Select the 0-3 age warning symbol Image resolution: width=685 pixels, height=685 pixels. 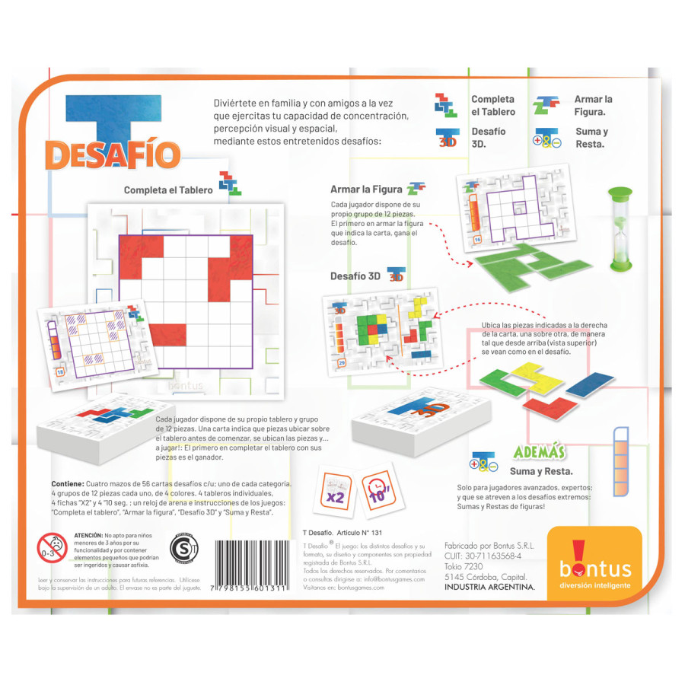(x=53, y=548)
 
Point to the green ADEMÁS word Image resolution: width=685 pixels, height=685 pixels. (x=538, y=451)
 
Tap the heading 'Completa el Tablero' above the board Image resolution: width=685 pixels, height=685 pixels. (x=168, y=190)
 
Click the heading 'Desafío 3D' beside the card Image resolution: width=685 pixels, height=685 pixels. (x=355, y=276)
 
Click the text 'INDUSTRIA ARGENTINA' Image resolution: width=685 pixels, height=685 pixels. (x=489, y=587)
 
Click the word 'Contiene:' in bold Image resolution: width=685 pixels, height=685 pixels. (x=72, y=484)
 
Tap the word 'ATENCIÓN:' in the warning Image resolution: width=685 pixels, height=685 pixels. (x=93, y=537)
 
